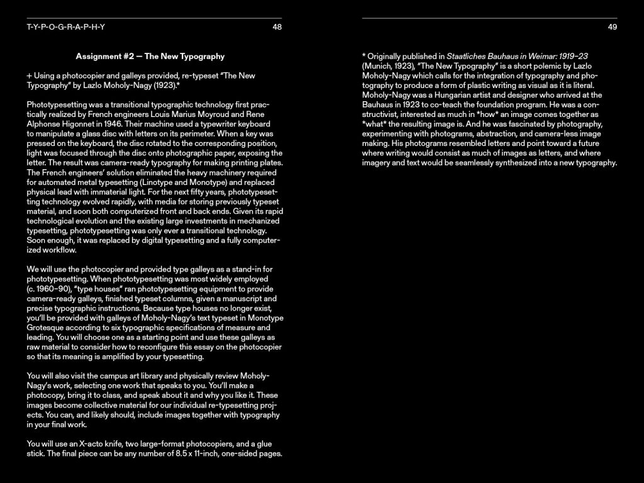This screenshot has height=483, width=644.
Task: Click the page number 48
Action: click(277, 27)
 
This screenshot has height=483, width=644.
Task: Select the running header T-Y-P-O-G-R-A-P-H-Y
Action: click(66, 27)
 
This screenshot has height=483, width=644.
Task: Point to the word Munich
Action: click(379, 65)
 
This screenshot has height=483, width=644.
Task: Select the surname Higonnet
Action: click(92, 125)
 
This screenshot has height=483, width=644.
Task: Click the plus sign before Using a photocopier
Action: click(29, 75)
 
